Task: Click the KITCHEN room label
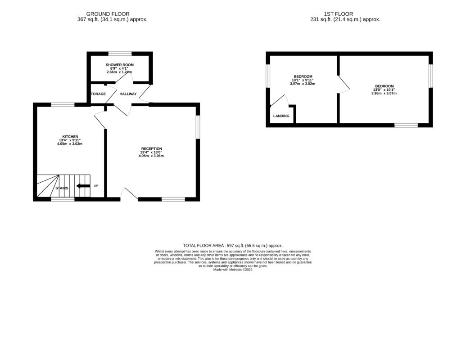70,136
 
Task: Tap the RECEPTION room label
151,148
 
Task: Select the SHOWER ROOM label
120,65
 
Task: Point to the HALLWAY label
128,94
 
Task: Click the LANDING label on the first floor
281,116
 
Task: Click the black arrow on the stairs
83,186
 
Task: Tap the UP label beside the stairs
96,186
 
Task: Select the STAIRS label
62,188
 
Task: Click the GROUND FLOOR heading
108,14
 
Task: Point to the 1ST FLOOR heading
338,14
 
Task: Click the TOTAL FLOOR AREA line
232,245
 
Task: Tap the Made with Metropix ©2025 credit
233,270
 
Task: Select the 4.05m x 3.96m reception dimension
151,156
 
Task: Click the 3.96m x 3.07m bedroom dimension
385,93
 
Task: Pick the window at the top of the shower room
120,54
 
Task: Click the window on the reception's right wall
198,127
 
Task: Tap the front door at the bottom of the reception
130,193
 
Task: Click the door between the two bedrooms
343,84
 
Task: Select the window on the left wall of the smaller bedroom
268,76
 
